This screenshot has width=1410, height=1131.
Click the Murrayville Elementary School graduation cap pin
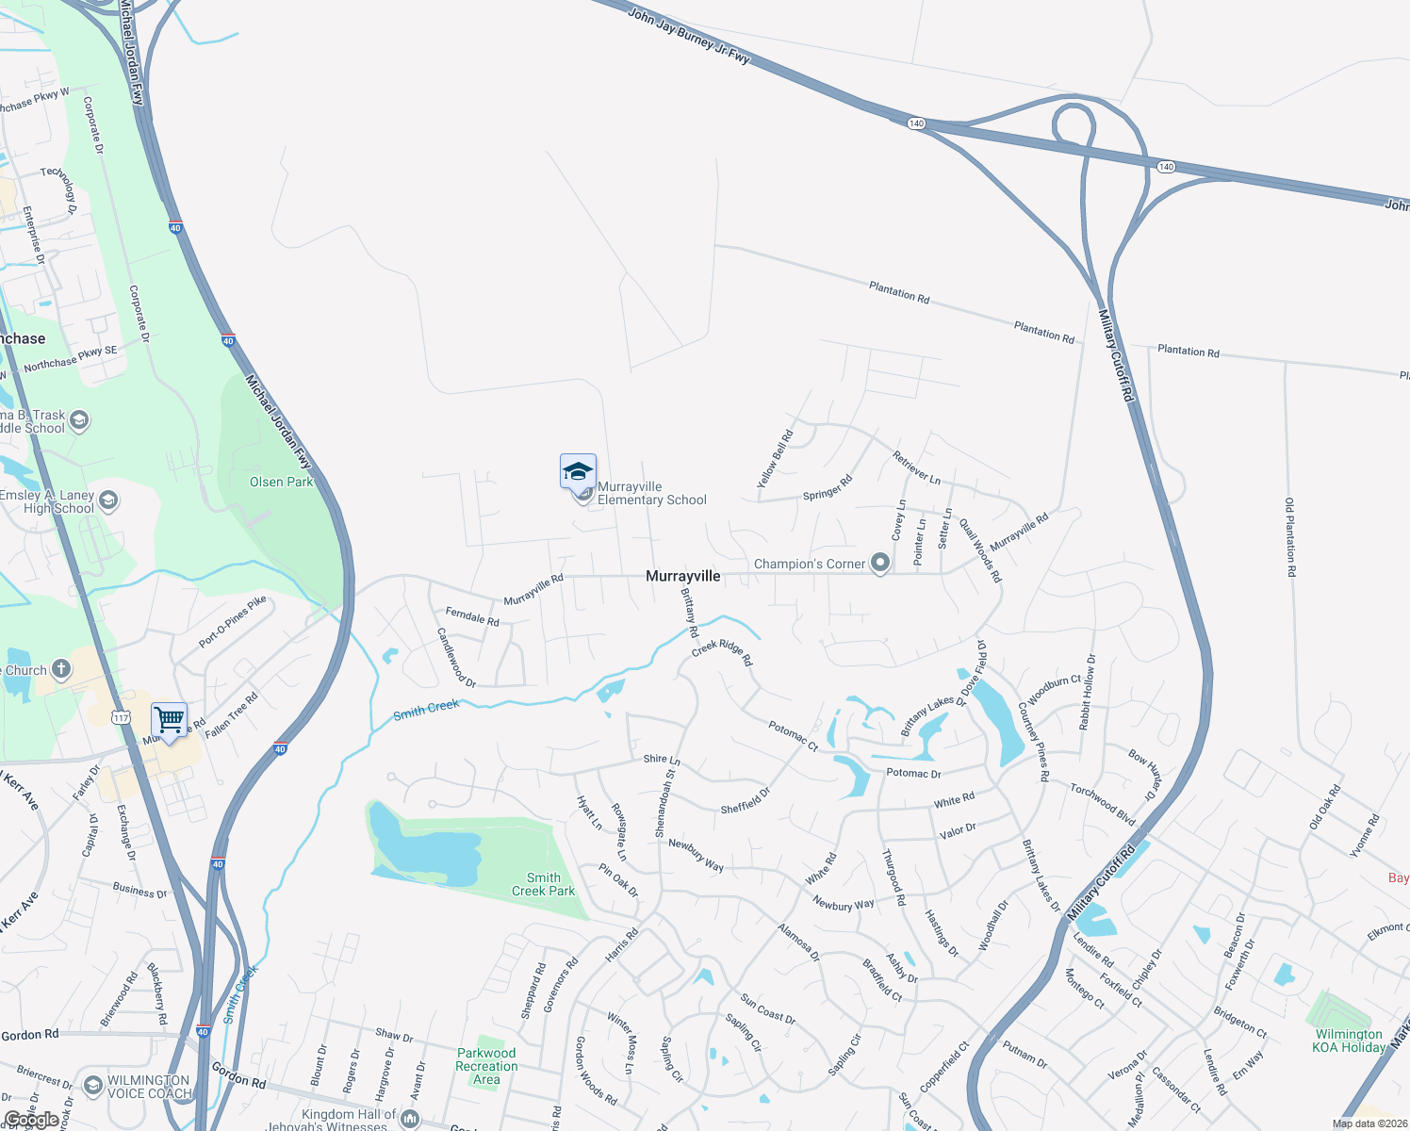coord(578,472)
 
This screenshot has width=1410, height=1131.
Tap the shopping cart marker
coord(169,721)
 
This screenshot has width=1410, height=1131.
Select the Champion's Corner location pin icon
coord(880,564)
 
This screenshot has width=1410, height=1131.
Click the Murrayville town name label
coord(683,576)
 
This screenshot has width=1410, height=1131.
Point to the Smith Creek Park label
coord(543,884)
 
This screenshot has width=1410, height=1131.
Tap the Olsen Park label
coord(281,482)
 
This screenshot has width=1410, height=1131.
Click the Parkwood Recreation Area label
coord(486,1066)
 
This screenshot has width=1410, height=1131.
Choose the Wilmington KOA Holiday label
coord(1349,1041)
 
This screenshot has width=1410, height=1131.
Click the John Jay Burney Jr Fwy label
coord(689,36)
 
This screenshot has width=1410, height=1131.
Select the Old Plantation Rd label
coord(1289,537)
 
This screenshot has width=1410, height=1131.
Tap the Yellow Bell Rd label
coord(775,459)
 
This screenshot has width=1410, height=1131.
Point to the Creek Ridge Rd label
coord(722,652)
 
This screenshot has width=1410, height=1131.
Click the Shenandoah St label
coord(665,803)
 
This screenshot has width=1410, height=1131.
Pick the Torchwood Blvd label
coord(1103,803)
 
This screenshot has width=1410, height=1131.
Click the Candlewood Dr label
coord(456,658)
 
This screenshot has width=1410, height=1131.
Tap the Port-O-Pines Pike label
coord(233,622)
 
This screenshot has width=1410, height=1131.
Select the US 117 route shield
coord(121,718)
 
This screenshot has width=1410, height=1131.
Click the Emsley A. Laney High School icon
coord(108,500)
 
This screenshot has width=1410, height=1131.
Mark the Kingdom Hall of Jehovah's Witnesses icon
coord(410,1119)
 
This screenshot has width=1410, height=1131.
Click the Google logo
coord(32,1120)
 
